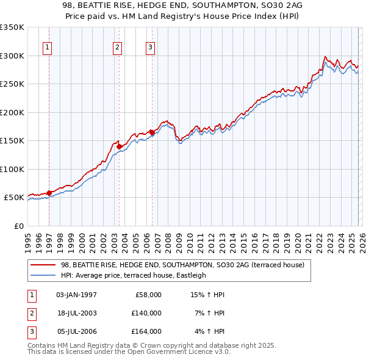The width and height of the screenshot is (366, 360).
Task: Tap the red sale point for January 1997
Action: click(49, 193)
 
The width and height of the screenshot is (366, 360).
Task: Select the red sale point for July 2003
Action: click(119, 146)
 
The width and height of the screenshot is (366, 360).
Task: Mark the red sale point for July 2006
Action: click(151, 132)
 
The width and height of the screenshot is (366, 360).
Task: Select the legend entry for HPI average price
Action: click(134, 275)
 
